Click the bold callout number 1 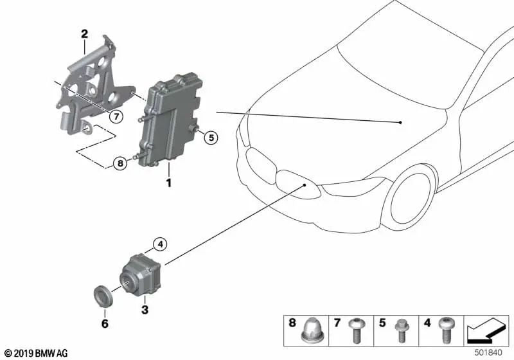168,183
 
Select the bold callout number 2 84,33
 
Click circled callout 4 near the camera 159,244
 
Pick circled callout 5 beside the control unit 213,136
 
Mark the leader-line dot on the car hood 400,122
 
